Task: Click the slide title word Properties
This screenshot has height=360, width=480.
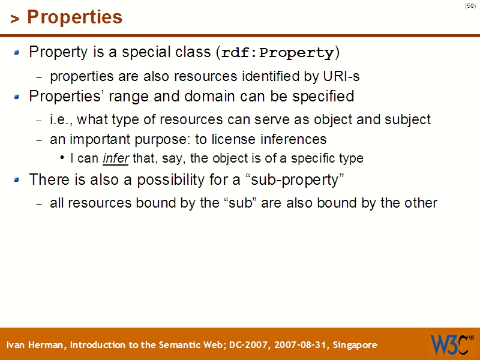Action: click(74, 17)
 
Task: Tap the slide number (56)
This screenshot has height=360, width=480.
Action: click(470, 5)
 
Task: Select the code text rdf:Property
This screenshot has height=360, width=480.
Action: click(277, 53)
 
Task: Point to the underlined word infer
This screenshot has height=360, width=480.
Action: click(116, 158)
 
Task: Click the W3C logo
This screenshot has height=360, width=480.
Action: click(450, 344)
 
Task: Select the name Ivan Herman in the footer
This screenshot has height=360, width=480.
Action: click(37, 345)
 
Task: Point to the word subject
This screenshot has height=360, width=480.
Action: click(408, 119)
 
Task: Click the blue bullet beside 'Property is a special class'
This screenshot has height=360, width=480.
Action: click(17, 53)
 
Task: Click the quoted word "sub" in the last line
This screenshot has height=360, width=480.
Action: click(240, 203)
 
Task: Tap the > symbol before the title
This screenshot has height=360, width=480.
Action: click(14, 19)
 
